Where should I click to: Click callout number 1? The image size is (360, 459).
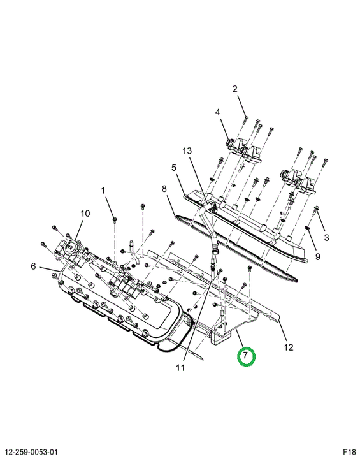pos(103,191)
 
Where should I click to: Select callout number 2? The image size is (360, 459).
pos(235,89)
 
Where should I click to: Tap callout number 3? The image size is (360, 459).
pos(327,237)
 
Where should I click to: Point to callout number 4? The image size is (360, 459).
pos(217,112)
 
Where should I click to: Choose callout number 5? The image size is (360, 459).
pos(174,168)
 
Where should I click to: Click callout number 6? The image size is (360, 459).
pos(33,266)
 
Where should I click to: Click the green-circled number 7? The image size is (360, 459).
pos(245,356)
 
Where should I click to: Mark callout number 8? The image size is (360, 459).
pos(164,189)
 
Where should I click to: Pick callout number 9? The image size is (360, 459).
pos(318,257)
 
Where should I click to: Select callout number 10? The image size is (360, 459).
pos(85,214)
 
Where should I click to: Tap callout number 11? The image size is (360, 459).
pos(180,368)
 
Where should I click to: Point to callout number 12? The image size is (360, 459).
pos(288,347)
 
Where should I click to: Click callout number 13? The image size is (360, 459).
pos(187,150)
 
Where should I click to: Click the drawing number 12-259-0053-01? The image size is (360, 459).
pos(31,452)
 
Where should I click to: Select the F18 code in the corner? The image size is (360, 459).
pos(349,452)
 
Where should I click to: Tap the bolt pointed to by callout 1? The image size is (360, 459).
pos(115,220)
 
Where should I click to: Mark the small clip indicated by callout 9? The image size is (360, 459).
pos(308,228)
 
